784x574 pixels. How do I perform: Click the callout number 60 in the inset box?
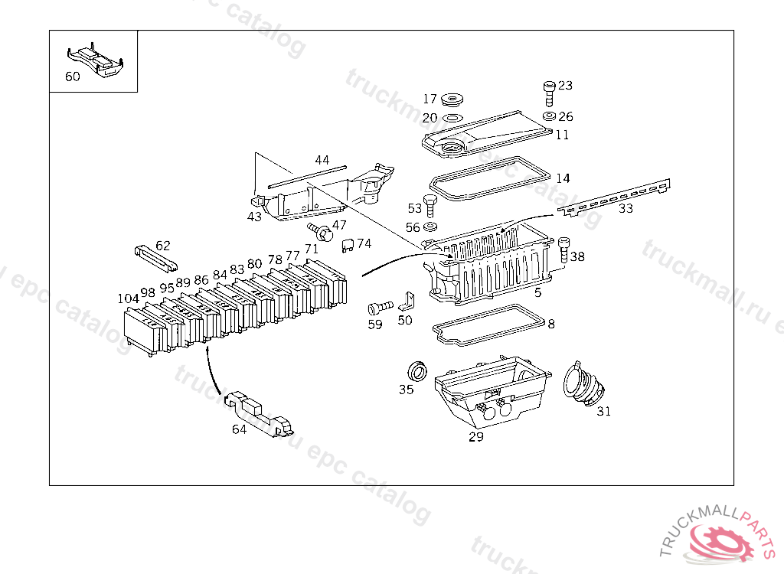72,77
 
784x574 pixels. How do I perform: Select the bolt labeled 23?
548,93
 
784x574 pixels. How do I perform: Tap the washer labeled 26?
549,116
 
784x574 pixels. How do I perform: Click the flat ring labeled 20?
452,118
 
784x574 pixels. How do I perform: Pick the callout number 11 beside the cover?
563,135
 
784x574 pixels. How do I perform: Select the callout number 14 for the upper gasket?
563,178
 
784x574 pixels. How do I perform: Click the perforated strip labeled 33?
612,197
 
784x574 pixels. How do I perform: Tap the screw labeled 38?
564,251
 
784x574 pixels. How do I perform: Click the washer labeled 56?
430,227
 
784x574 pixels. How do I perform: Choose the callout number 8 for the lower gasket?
551,324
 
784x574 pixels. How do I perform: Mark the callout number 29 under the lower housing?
476,437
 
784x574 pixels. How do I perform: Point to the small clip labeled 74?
348,244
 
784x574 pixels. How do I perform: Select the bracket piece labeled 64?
260,415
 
